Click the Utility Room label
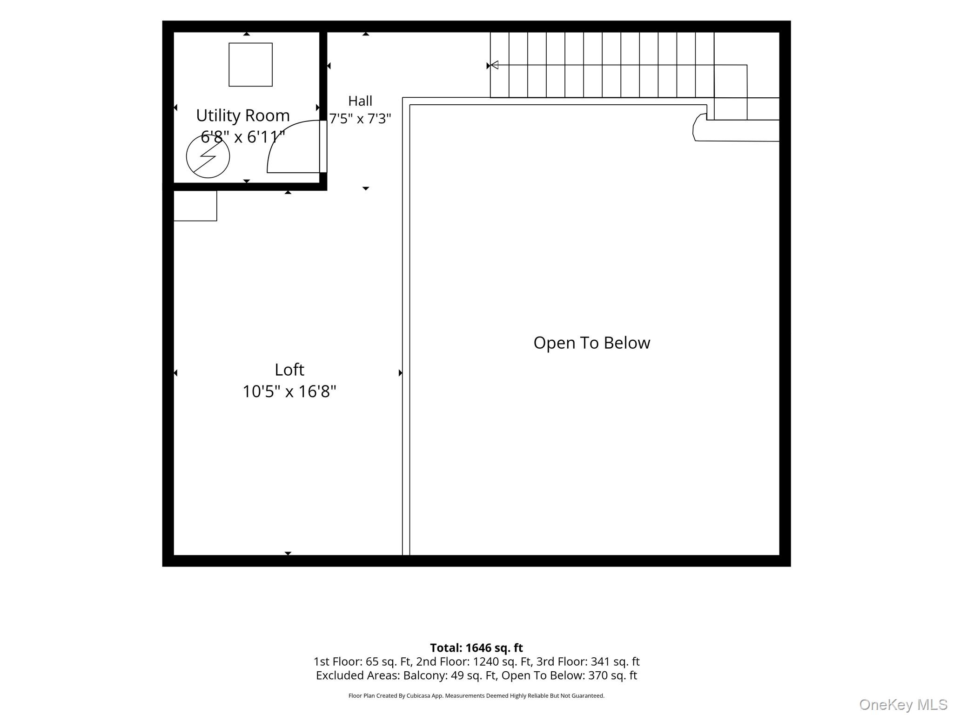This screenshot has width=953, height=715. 242,115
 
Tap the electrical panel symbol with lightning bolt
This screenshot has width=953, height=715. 208,156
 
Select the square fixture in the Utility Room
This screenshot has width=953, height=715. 250,65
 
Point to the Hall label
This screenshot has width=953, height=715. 360,101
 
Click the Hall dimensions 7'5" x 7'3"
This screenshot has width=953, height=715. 360,119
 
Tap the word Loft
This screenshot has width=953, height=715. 289,370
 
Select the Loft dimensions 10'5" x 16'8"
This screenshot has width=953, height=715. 289,391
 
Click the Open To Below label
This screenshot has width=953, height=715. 592,343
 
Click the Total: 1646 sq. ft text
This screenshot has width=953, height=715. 476,648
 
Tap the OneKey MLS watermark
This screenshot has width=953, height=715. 903,704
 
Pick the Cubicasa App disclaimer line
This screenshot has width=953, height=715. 476,696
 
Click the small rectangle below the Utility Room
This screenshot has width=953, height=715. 195,206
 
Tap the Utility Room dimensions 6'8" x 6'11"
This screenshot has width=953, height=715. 242,137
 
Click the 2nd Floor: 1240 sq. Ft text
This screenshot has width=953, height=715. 474,661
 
